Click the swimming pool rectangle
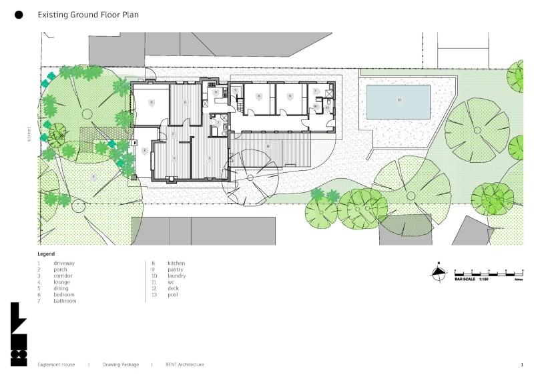click(398, 101)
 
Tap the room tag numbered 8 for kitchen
click(216, 92)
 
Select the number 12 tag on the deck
click(268, 145)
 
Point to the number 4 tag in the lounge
click(175, 158)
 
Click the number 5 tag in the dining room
click(210, 158)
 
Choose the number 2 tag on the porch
click(144, 151)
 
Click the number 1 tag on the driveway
click(94, 177)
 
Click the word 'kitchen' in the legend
click(176, 264)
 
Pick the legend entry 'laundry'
click(176, 276)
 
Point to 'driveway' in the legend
click(64, 264)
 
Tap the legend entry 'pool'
click(173, 294)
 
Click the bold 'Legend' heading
click(46, 254)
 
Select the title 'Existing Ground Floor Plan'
click(88, 14)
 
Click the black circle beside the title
click(19, 14)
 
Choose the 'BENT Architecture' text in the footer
click(185, 365)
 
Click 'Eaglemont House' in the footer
click(56, 365)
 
